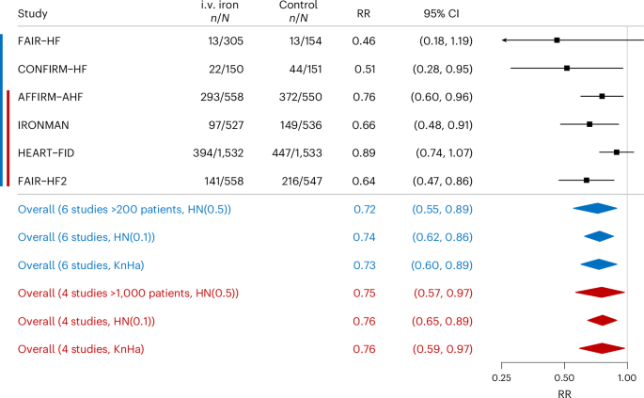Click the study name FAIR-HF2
(x=42, y=181)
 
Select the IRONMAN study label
(x=43, y=125)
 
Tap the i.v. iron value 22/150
(x=226, y=69)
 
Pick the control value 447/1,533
(x=297, y=153)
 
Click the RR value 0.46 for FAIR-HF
(x=364, y=41)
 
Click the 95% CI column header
(x=442, y=13)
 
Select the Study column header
(x=33, y=13)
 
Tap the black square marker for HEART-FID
(x=617, y=152)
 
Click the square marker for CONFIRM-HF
(x=567, y=68)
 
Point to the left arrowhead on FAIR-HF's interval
(x=504, y=40)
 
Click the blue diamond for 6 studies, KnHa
(x=599, y=264)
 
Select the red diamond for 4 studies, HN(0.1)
(x=602, y=320)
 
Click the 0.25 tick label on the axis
(x=501, y=378)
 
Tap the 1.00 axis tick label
(x=627, y=378)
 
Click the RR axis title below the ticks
(x=565, y=393)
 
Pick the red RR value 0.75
(x=364, y=294)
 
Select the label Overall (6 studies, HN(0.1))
(x=86, y=237)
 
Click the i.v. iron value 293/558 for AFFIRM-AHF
(x=222, y=97)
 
